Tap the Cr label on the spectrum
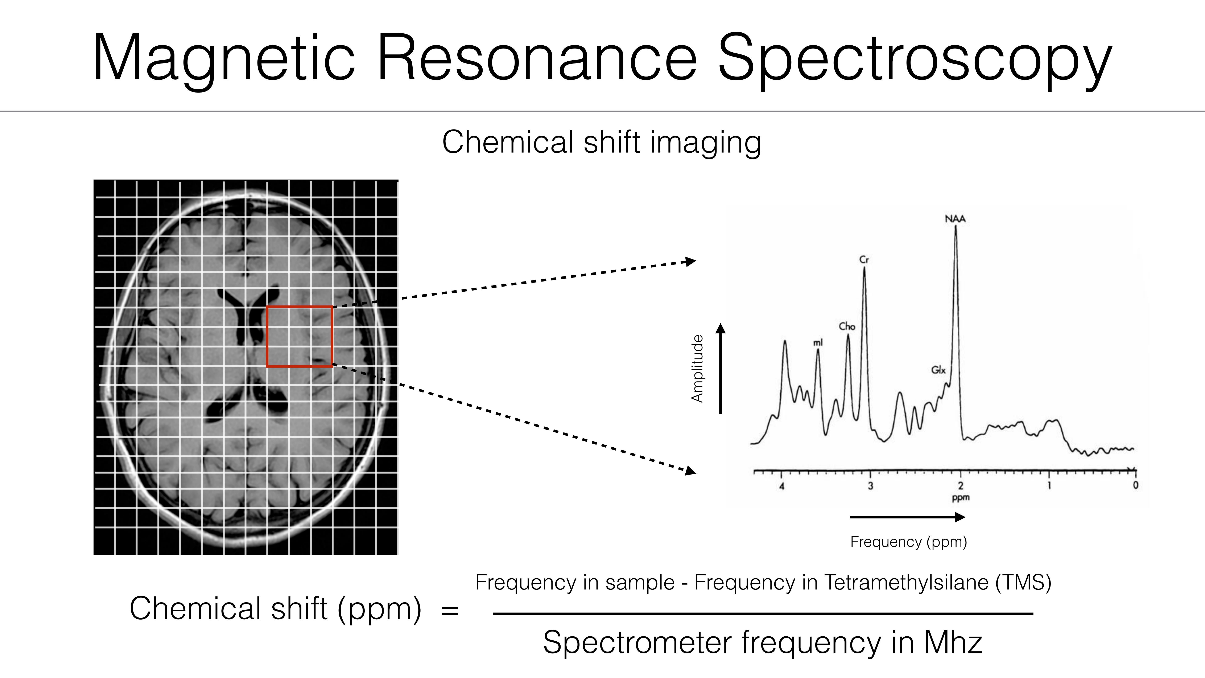[x=864, y=259]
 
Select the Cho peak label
[x=847, y=326]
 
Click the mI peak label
[x=818, y=343]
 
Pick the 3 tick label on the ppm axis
[x=871, y=486]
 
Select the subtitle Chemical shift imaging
[x=602, y=142]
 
